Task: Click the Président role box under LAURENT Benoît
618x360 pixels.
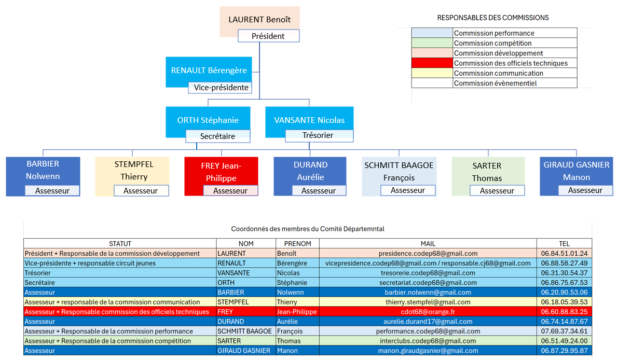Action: pyautogui.click(x=268, y=36)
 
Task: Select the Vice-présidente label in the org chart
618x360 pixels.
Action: pyautogui.click(x=221, y=88)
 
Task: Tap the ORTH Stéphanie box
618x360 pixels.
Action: pyautogui.click(x=208, y=120)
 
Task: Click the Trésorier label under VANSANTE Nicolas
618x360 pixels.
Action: pyautogui.click(x=318, y=135)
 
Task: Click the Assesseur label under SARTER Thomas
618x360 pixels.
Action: pyautogui.click(x=497, y=190)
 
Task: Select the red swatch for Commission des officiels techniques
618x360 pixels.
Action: pyautogui.click(x=432, y=63)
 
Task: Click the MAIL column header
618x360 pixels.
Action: pyautogui.click(x=428, y=243)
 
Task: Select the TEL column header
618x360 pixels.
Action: pyautogui.click(x=564, y=243)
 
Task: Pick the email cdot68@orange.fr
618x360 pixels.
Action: pyautogui.click(x=428, y=312)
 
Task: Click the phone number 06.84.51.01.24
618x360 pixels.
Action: pyautogui.click(x=564, y=254)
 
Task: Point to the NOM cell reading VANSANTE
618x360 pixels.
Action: pyautogui.click(x=234, y=273)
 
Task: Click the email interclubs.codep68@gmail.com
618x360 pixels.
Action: pyautogui.click(x=428, y=341)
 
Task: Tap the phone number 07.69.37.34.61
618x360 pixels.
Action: pyautogui.click(x=564, y=331)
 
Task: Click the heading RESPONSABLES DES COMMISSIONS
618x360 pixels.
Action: pyautogui.click(x=492, y=18)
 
